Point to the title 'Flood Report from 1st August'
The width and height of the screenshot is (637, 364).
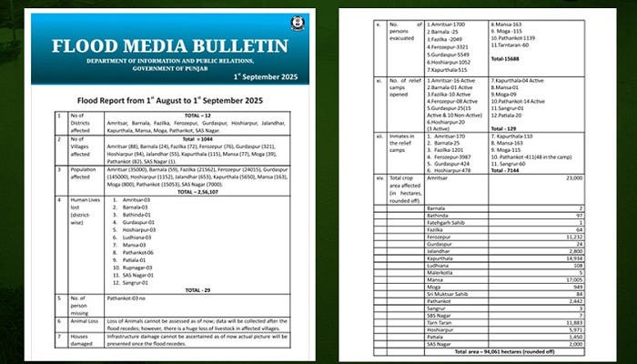click(171, 99)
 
